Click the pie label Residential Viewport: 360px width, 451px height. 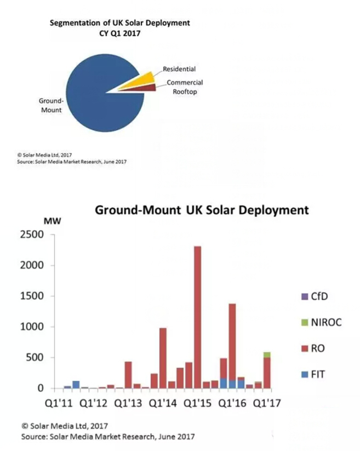click(x=179, y=69)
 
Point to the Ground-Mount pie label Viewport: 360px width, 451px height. click(x=51, y=105)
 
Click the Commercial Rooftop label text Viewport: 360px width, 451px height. click(x=185, y=87)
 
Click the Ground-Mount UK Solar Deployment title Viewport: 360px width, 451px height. click(x=202, y=210)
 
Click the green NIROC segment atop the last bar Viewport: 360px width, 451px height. click(x=267, y=355)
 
